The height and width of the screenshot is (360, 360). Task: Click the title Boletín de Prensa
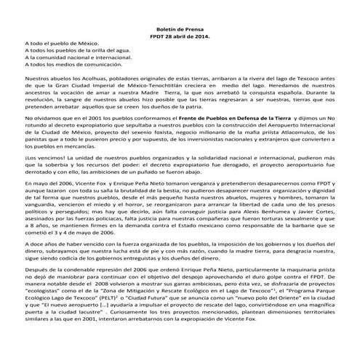coord(179,26)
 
